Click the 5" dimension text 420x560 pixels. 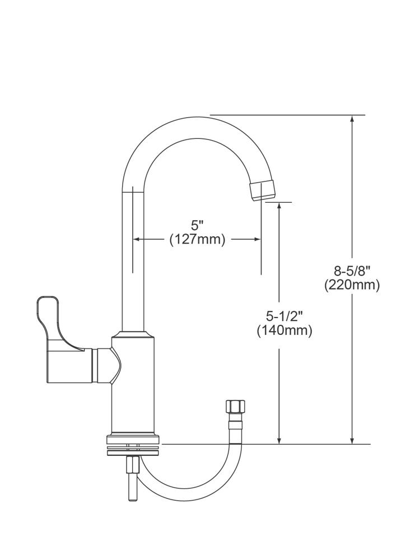pyautogui.click(x=197, y=226)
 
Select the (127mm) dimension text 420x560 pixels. pyautogui.click(x=197, y=240)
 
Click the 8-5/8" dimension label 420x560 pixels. pyautogui.click(x=352, y=272)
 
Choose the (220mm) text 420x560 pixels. pyautogui.click(x=352, y=285)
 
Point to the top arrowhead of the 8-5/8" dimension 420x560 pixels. pyautogui.click(x=352, y=119)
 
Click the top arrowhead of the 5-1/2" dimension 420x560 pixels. pyautogui.click(x=279, y=207)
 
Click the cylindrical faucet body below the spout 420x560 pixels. pyautogui.click(x=133, y=386)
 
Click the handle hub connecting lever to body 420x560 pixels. pyautogui.click(x=106, y=367)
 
